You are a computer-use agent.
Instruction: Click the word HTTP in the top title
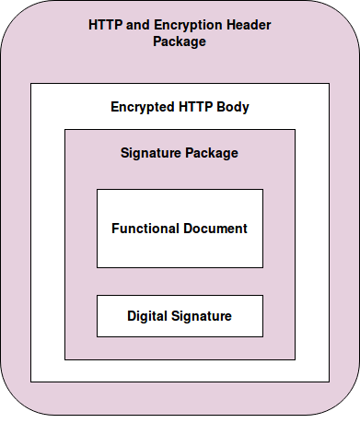click(x=106, y=23)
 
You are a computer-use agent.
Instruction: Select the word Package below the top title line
click(x=180, y=41)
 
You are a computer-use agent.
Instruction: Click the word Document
click(x=216, y=228)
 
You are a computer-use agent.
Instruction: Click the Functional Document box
click(x=180, y=249)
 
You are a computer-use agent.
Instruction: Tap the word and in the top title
click(x=136, y=23)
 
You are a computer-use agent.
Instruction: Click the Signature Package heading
click(x=180, y=153)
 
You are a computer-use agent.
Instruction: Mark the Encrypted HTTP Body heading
click(x=180, y=107)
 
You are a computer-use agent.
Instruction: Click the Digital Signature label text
click(x=180, y=316)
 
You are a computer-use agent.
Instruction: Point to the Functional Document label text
click(x=180, y=228)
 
